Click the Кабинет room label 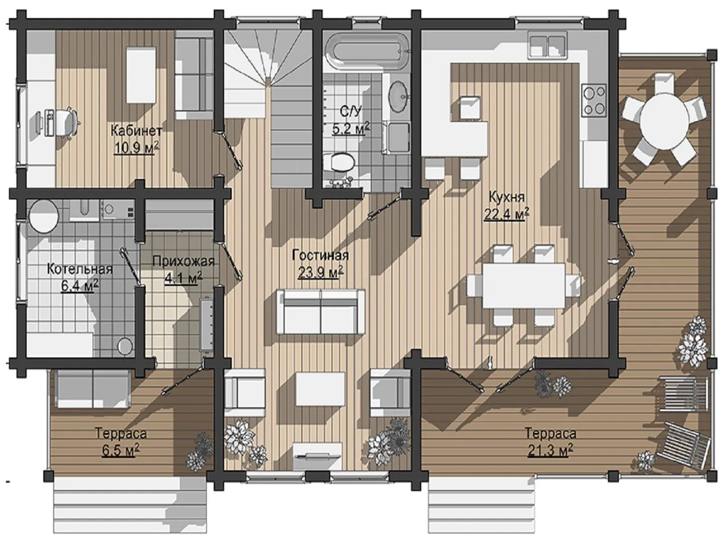[x=136, y=131]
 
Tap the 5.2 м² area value [x=351, y=128]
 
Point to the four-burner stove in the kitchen [x=594, y=100]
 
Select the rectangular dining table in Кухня [x=524, y=285]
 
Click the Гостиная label [x=320, y=255]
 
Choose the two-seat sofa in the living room [x=320, y=312]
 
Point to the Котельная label [x=80, y=269]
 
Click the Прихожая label [x=184, y=261]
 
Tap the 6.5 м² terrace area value [x=120, y=450]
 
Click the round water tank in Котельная [x=44, y=217]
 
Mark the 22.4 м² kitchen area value [x=507, y=214]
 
